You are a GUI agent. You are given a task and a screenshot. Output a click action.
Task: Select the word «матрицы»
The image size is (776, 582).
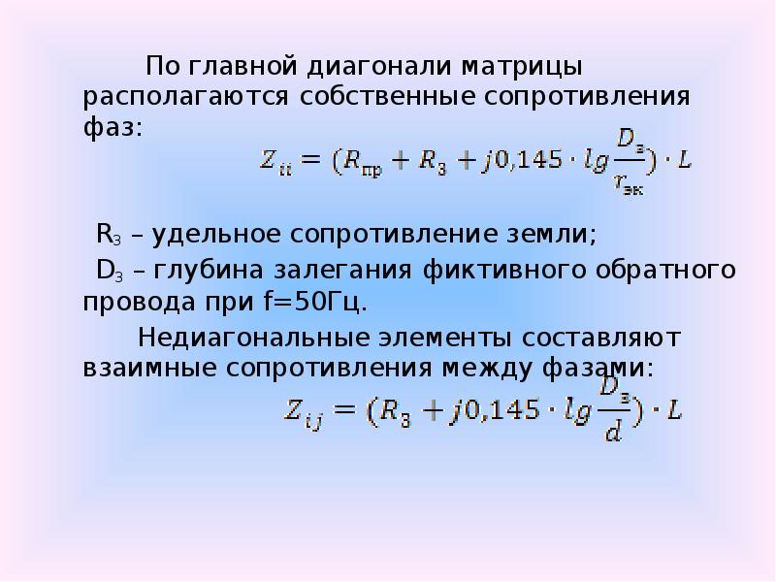coord(508,69)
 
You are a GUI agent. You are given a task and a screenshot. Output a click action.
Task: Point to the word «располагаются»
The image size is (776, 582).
coord(184,98)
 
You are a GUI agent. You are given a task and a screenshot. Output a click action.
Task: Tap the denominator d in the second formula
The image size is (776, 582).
coord(612,430)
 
